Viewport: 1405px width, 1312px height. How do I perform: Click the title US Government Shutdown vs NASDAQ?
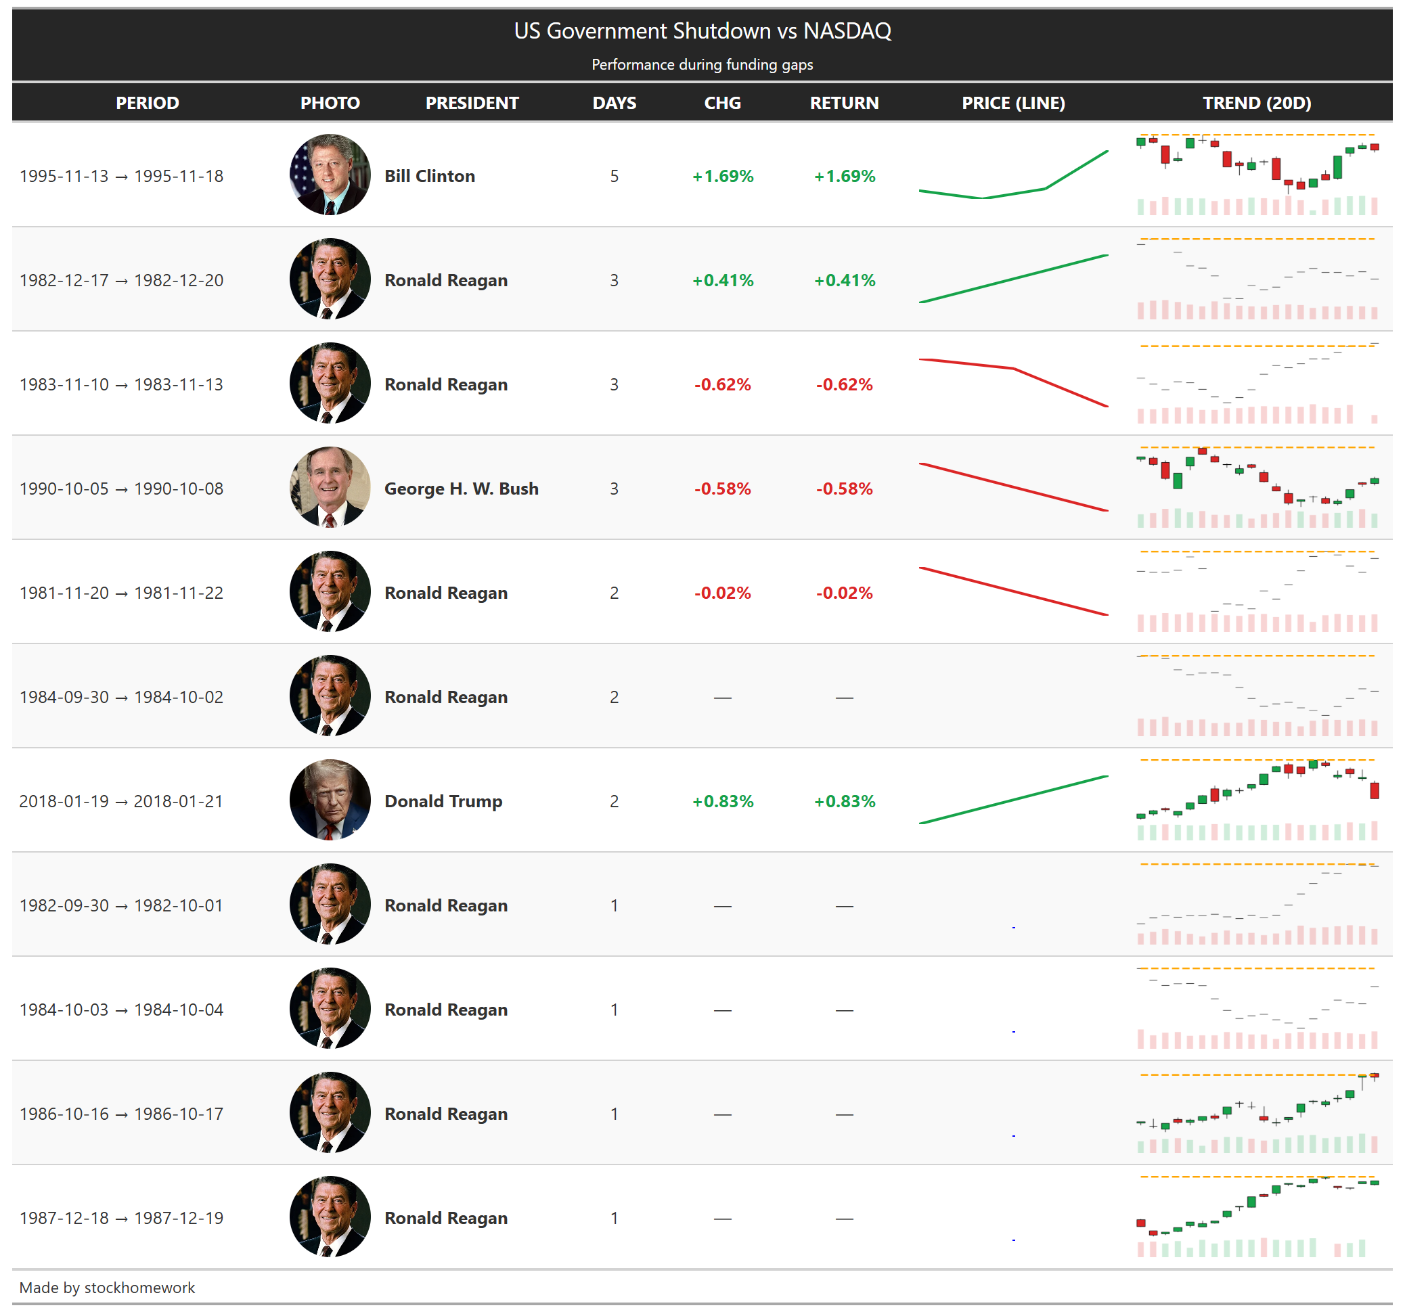(702, 31)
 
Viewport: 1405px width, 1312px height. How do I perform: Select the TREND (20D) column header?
(1257, 103)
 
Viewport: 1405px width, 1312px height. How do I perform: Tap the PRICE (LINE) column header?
(1012, 103)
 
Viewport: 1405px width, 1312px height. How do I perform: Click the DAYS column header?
(614, 103)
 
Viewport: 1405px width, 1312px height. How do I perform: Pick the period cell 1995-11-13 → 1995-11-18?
(121, 176)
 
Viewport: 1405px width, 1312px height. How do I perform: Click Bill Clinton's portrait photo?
(330, 175)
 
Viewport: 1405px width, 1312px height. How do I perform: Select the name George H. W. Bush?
(461, 489)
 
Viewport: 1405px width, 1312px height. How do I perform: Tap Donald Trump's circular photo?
(330, 800)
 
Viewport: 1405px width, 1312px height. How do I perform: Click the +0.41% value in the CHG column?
(722, 281)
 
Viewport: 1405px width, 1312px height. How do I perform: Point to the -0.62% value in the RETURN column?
(844, 384)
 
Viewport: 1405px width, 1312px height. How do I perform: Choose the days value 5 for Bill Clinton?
(614, 176)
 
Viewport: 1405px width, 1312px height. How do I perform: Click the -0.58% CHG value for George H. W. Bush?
(722, 489)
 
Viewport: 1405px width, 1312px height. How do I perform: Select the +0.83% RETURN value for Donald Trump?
(844, 801)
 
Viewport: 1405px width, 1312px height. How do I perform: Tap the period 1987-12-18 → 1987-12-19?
(121, 1218)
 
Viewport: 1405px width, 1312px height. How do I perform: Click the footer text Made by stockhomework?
(107, 1287)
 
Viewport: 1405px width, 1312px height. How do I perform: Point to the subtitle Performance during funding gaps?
(702, 65)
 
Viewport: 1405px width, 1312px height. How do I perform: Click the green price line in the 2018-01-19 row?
(1012, 800)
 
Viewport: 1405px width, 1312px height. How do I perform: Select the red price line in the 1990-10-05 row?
(1012, 487)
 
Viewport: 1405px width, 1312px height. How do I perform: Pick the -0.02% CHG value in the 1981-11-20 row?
(722, 593)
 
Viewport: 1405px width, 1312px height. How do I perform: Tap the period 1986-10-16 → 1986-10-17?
(121, 1114)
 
